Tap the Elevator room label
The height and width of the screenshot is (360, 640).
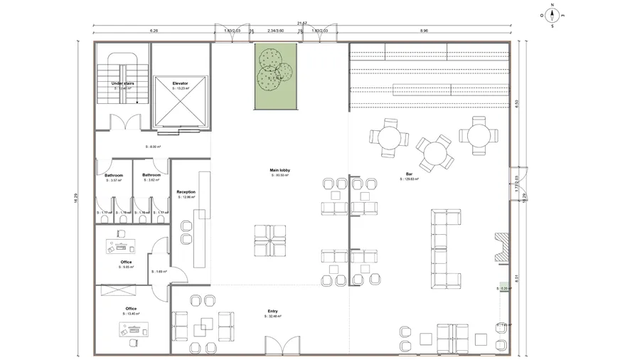(x=180, y=84)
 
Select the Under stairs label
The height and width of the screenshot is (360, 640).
(x=123, y=84)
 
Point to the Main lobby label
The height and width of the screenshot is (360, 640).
(x=279, y=171)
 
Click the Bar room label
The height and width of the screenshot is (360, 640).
(x=410, y=174)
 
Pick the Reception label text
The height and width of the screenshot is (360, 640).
(x=186, y=192)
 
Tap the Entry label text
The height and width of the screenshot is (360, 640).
(x=273, y=311)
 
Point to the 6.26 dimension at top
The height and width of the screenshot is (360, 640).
(x=154, y=31)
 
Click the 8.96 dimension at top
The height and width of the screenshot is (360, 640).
(x=424, y=31)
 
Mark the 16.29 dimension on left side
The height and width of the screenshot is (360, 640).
(x=75, y=201)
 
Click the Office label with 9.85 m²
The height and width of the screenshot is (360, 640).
(x=126, y=262)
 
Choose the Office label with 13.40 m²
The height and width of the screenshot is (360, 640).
(x=131, y=309)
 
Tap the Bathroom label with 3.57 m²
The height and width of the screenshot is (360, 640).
(x=114, y=175)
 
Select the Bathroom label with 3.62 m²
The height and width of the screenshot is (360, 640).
(x=151, y=175)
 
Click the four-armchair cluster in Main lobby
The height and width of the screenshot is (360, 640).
(x=270, y=240)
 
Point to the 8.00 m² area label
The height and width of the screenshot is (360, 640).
(x=152, y=147)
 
